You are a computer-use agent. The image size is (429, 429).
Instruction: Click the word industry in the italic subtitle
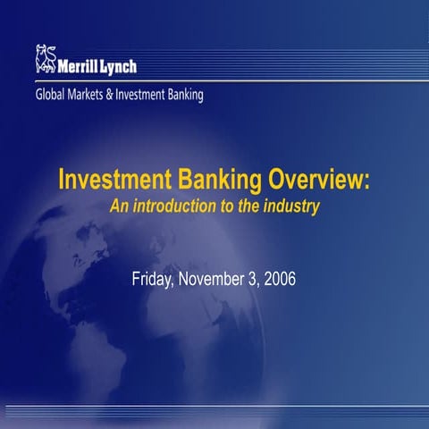pos(291,206)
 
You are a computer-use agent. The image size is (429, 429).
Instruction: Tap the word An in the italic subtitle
pos(118,206)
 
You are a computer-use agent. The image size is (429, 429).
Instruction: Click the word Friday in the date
pos(154,278)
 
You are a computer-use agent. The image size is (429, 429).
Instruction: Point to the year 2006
pos(277,278)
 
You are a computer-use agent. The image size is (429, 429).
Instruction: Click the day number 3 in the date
pos(251,278)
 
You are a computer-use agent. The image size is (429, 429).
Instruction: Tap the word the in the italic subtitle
pos(248,206)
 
